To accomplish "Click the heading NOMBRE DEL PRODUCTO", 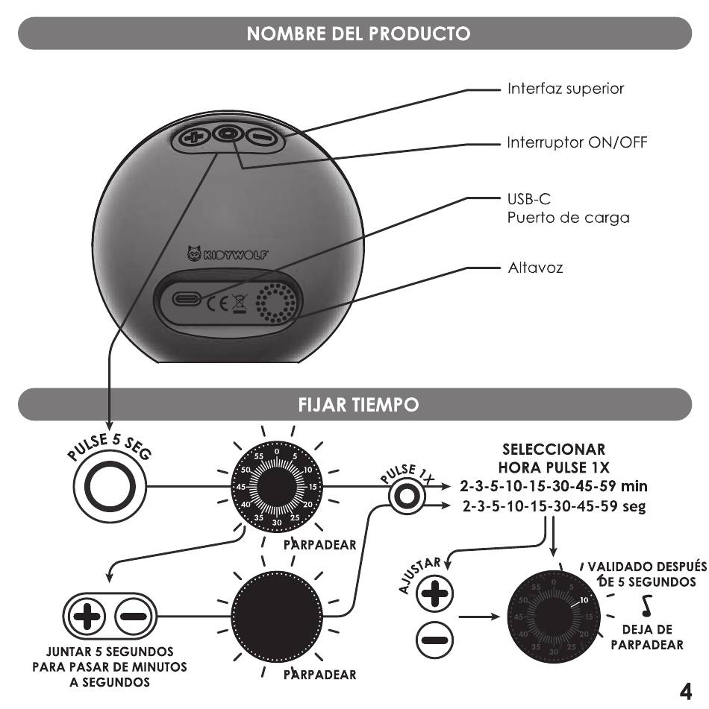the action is pos(358,34).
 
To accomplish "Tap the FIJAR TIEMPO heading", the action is pos(358,404).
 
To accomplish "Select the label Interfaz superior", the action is pos(566,88).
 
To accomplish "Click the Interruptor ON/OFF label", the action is pos(577,142).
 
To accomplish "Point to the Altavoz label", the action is pos(535,268).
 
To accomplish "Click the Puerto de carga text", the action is pos(568,218).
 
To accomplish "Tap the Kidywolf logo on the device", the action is pos(228,253).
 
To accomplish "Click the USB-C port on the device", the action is pos(187,299).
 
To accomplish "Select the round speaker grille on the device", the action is pos(276,303).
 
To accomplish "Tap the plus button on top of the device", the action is pos(194,137).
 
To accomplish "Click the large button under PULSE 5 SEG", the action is pos(110,487).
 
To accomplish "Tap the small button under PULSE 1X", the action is pos(407,497).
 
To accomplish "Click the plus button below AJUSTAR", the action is pos(434,593).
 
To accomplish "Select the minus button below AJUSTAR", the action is pos(434,640).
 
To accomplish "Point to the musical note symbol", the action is pos(647,606).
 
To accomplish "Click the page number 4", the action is pos(686,691).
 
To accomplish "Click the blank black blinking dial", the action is pos(277,617).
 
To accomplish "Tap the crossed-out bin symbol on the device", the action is pos(240,303).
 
